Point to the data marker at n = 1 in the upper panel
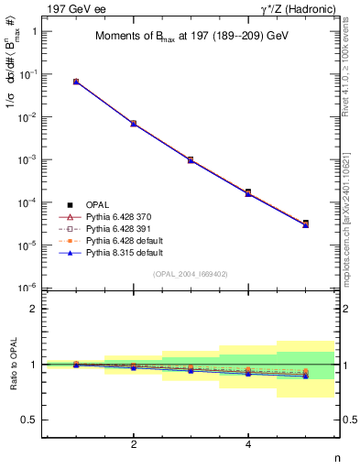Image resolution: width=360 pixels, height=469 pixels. coord(76,82)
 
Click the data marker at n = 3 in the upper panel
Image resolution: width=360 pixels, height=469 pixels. coord(191,159)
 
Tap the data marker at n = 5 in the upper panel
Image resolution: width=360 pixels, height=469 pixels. coord(305,223)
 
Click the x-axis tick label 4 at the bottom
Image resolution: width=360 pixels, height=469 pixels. coord(248,444)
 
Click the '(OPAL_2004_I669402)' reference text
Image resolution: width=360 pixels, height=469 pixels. coord(190,274)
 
